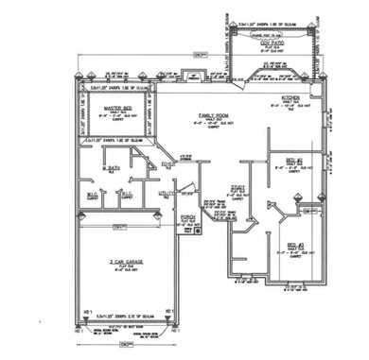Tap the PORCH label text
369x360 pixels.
pos(187,214)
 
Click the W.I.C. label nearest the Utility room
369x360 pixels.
pos(127,196)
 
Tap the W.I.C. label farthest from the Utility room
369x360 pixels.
pos(93,196)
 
